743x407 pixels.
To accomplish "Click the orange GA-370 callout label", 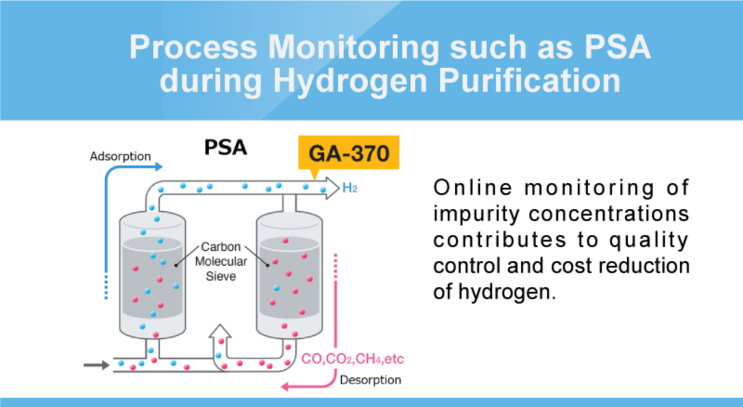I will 349,153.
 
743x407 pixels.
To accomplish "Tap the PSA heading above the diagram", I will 225,148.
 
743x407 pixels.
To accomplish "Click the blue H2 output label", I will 350,187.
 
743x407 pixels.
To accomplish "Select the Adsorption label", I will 120,156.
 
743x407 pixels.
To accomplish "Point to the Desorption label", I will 370,380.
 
